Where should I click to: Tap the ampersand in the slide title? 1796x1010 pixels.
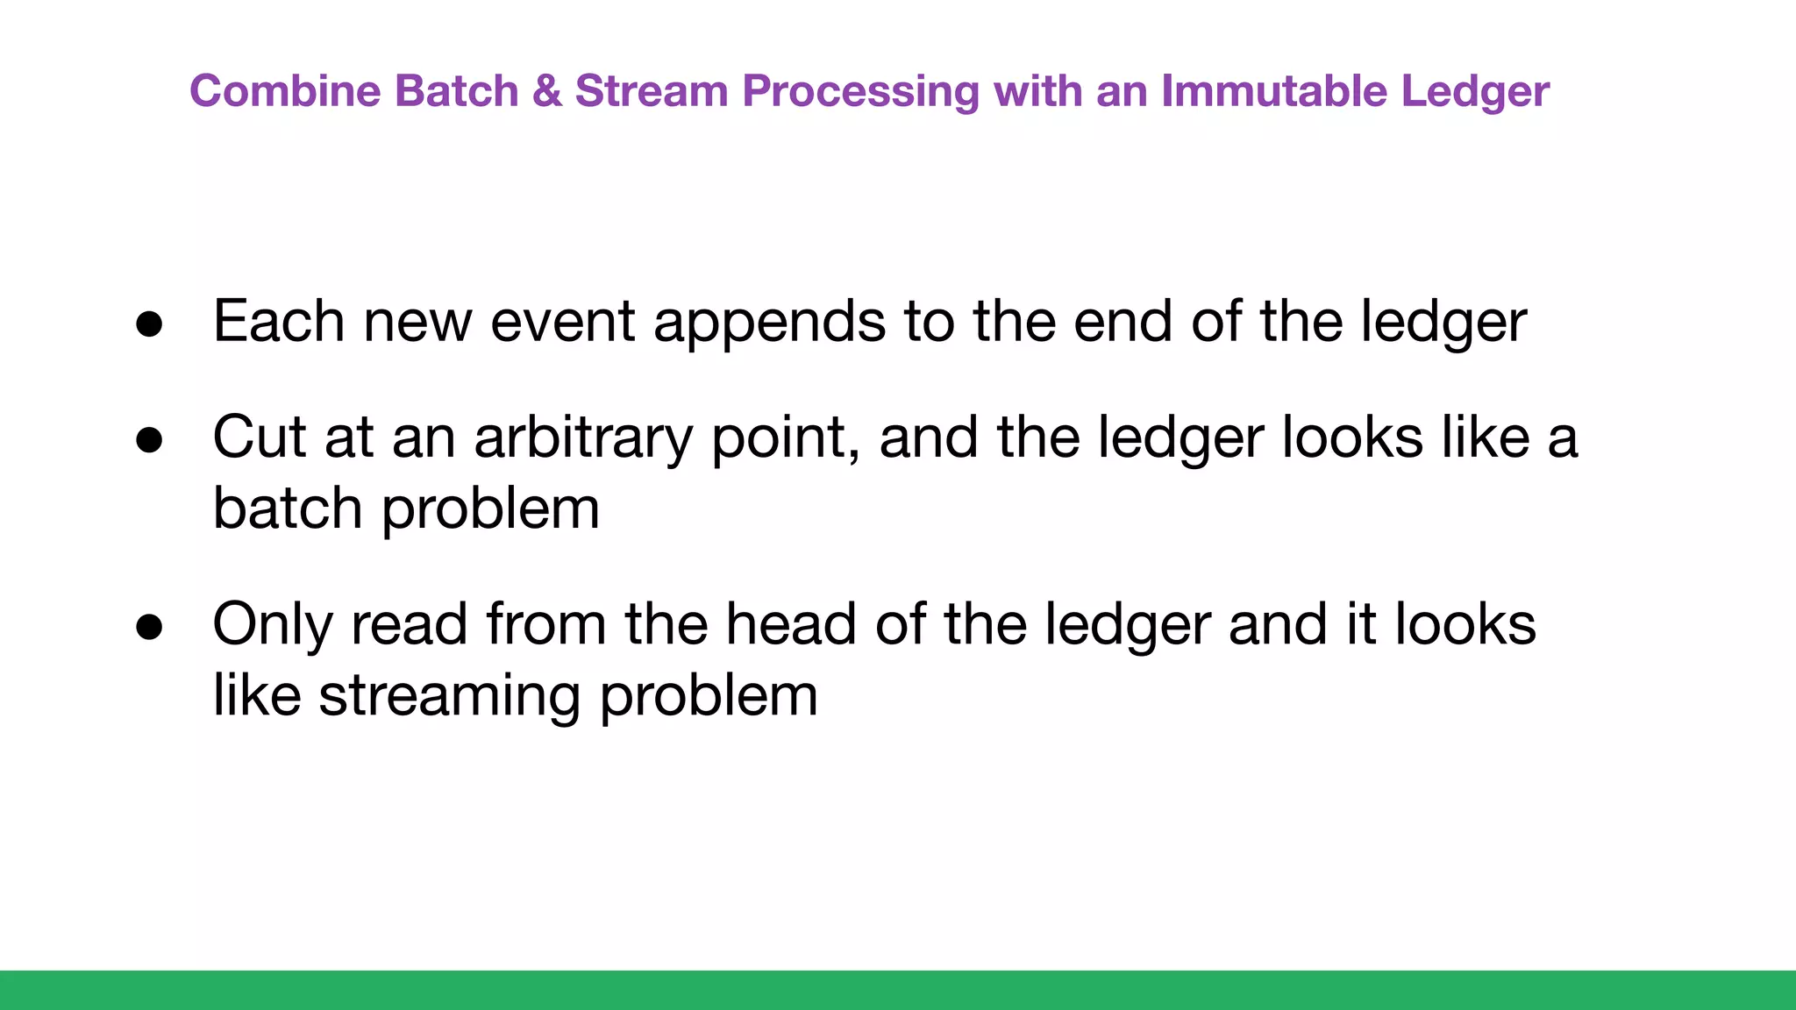point(546,91)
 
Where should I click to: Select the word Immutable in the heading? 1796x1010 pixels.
point(1273,91)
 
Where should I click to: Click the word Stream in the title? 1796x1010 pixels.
point(651,91)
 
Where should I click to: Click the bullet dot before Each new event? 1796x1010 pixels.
point(149,324)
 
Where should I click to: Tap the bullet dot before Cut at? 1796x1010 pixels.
point(149,440)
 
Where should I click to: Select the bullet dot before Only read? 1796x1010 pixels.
point(149,627)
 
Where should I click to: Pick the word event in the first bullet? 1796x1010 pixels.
point(562,322)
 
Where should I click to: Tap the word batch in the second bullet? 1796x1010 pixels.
point(287,509)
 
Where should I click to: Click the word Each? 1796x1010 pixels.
point(278,321)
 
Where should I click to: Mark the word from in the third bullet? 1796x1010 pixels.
point(545,624)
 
